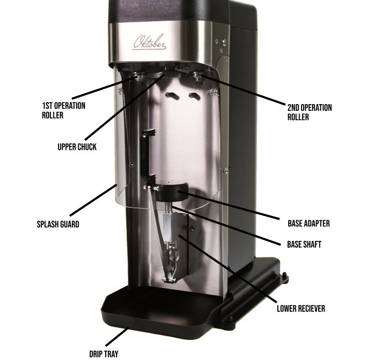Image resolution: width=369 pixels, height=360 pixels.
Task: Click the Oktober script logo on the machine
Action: [150, 42]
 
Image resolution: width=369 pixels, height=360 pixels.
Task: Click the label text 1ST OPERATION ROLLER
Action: [64, 110]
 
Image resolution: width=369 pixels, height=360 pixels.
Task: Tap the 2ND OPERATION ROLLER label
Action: [309, 112]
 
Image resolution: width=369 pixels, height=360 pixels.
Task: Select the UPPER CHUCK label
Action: [77, 147]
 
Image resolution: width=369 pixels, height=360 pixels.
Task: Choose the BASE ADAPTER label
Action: [309, 224]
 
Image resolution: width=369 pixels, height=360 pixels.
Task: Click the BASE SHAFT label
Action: [304, 244]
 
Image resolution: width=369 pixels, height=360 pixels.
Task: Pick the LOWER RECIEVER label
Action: [301, 308]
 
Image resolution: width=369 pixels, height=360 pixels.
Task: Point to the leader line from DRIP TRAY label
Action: [116, 337]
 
